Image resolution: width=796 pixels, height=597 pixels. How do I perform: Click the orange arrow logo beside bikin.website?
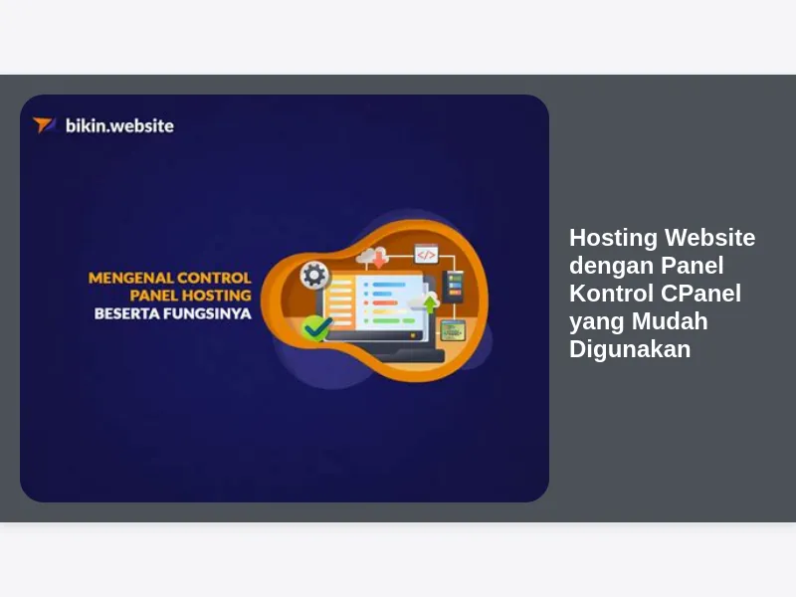tap(44, 124)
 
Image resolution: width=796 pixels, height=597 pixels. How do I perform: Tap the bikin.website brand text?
tap(119, 125)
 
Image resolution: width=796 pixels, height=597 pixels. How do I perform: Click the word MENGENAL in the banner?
tap(131, 278)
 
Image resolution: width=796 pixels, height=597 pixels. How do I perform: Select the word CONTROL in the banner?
tap(214, 278)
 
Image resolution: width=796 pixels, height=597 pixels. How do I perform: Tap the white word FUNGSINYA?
tap(208, 313)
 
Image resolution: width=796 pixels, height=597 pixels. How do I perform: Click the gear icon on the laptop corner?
tap(314, 276)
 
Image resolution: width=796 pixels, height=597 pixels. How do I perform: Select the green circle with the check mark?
tap(316, 329)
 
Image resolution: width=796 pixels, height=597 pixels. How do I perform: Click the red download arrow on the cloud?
tap(380, 258)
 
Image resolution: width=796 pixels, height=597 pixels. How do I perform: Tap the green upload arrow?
tap(431, 303)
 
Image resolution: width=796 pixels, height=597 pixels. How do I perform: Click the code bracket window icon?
tap(426, 255)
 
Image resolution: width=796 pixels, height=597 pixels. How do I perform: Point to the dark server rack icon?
tap(454, 287)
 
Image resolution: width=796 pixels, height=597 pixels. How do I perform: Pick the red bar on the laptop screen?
tap(385, 302)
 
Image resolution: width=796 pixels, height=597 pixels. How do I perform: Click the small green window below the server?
tap(453, 330)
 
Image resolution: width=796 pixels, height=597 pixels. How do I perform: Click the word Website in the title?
tap(709, 238)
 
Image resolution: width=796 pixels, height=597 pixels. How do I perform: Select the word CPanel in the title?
tap(700, 294)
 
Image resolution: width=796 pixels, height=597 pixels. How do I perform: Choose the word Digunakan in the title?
tap(630, 350)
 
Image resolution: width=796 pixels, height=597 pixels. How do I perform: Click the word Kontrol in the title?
tap(612, 294)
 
